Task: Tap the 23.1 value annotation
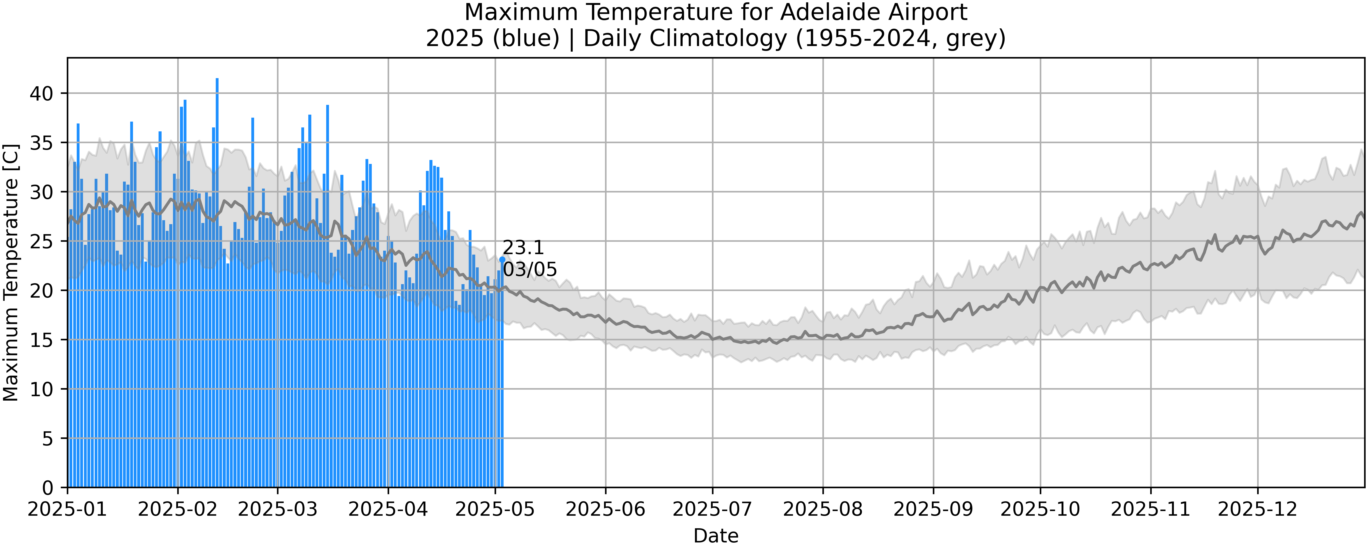(x=523, y=248)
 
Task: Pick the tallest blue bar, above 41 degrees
(x=217, y=159)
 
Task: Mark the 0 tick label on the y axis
(x=48, y=488)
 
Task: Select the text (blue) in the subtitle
(x=526, y=38)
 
